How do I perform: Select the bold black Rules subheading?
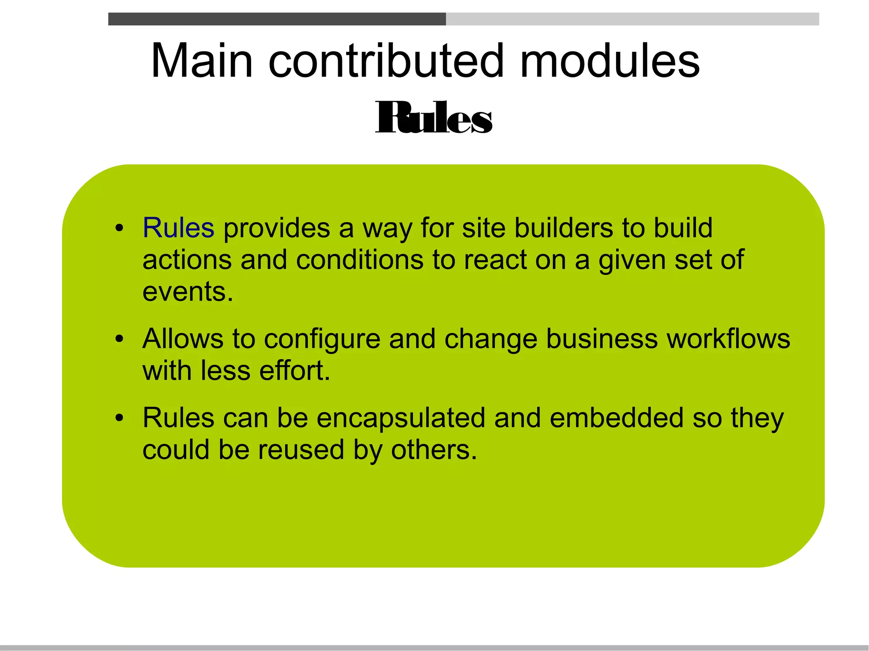click(x=434, y=117)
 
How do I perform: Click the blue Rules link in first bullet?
click(x=178, y=228)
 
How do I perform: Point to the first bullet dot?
click(x=120, y=228)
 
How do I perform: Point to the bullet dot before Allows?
click(x=120, y=339)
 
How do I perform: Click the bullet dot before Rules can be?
click(x=120, y=418)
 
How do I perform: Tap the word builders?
click(x=563, y=228)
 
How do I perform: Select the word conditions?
click(x=359, y=260)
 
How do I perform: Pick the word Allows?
click(x=183, y=339)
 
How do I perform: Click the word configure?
click(x=322, y=339)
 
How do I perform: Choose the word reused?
click(x=301, y=450)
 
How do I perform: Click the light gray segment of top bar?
click(x=632, y=19)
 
